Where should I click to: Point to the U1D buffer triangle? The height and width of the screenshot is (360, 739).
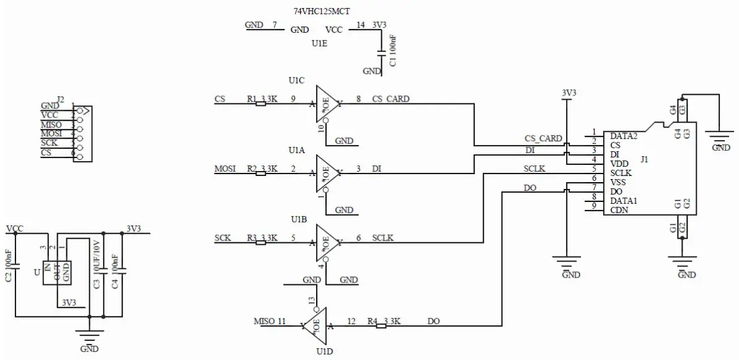click(x=316, y=325)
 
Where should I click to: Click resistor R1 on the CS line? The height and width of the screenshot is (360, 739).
click(x=261, y=103)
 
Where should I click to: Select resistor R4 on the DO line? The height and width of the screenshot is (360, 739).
click(x=381, y=325)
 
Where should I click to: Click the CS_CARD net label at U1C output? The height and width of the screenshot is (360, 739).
click(x=391, y=99)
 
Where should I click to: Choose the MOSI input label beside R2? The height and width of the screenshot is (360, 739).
click(x=225, y=169)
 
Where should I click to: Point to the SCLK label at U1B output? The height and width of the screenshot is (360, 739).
click(x=383, y=238)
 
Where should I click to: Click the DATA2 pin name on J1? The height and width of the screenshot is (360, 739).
click(x=624, y=136)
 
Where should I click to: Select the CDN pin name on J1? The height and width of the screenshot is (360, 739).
click(x=619, y=210)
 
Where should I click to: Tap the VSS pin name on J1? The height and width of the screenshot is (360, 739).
click(x=618, y=182)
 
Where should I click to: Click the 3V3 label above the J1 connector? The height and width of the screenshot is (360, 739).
click(x=569, y=93)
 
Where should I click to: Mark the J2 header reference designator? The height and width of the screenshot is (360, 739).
click(x=60, y=99)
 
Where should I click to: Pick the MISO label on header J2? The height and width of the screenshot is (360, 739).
click(x=51, y=125)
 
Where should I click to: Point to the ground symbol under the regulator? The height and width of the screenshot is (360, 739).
click(x=90, y=338)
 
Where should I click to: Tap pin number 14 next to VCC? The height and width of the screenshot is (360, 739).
click(x=361, y=25)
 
